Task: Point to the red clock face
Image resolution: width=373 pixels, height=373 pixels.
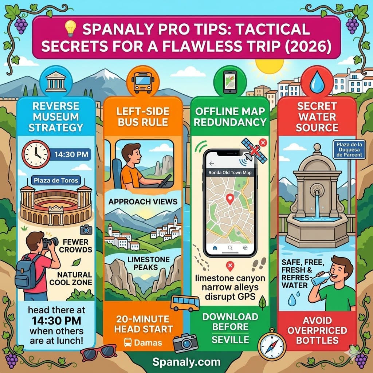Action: [x=35, y=154]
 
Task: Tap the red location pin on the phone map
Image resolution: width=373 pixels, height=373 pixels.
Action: [x=230, y=199]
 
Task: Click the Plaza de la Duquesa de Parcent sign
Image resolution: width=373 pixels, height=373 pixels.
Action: [x=348, y=150]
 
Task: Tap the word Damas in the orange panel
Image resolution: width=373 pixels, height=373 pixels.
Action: [x=148, y=342]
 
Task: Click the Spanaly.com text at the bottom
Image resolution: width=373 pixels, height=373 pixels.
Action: [x=186, y=362]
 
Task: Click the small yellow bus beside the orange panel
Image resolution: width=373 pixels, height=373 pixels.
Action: [x=185, y=303]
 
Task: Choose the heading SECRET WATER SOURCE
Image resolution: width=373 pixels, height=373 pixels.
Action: [x=317, y=117]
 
